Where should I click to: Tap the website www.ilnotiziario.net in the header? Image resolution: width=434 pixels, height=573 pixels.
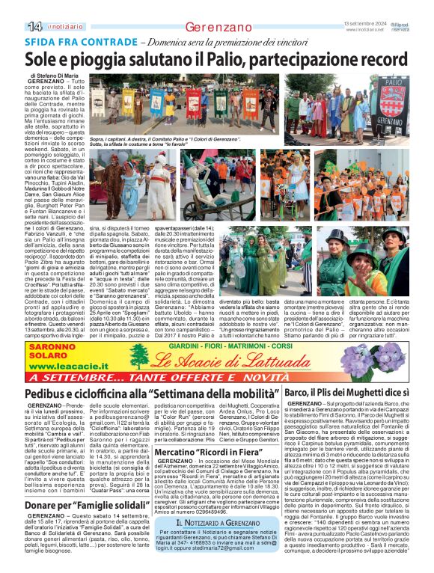point(367,30)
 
